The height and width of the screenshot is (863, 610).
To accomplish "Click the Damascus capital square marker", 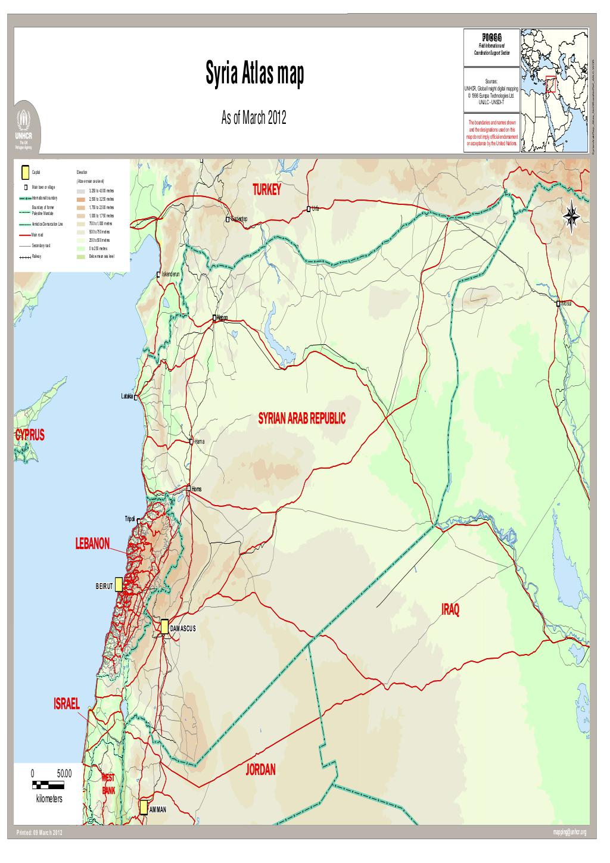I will pos(164,627).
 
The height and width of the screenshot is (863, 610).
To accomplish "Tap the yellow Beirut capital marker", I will pos(119,584).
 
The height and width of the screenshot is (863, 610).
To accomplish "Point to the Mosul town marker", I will pos(558,304).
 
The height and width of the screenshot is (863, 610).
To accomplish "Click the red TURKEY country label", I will pos(266,190).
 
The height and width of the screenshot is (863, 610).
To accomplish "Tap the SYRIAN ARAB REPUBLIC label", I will pos(301,419).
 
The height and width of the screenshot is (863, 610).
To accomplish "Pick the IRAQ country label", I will pos(450,610).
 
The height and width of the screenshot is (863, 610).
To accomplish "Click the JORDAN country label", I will pos(260,770).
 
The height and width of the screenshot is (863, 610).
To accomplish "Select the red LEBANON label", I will pos(92,543).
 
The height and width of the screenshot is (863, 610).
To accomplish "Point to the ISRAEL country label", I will pos(66,703).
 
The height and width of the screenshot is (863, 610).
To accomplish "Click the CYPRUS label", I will pos(29,435).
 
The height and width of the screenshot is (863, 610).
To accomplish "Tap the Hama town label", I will pos(199,442).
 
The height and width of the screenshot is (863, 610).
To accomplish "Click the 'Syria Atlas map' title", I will pos(254,76).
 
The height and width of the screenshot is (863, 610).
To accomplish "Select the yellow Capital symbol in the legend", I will pos(24,172).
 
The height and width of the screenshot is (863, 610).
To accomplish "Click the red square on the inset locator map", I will pos(552,83).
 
